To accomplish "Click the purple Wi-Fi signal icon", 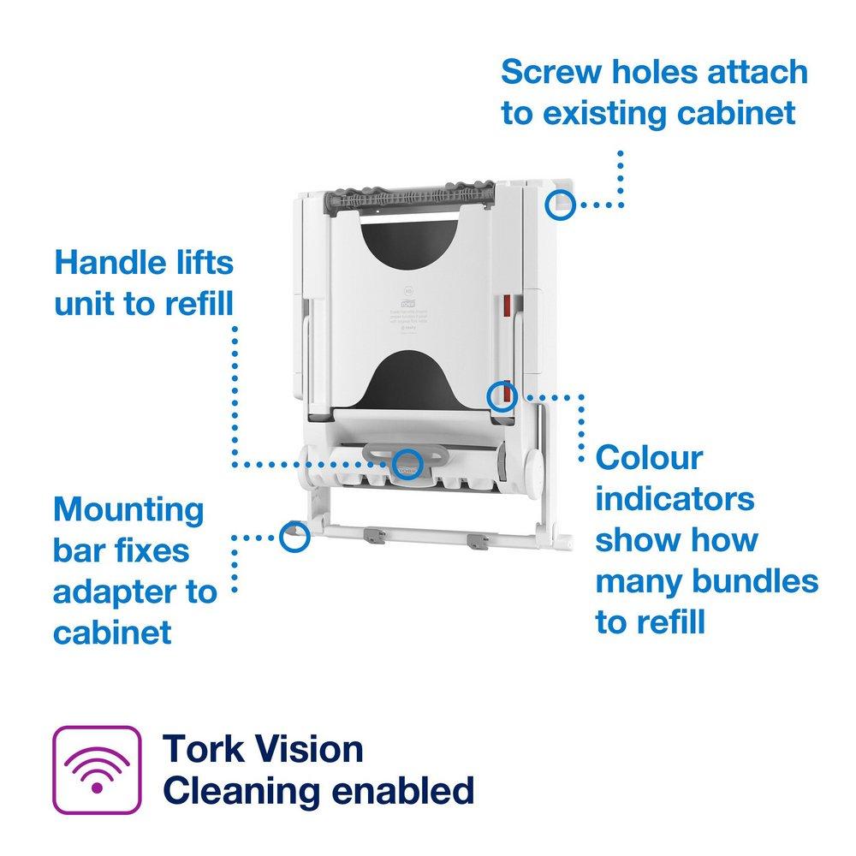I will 97,769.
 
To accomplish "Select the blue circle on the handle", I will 407,463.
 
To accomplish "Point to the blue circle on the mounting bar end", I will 293,536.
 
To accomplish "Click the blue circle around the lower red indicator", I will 502,396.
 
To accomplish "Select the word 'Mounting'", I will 128,509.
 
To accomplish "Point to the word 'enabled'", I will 402,790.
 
